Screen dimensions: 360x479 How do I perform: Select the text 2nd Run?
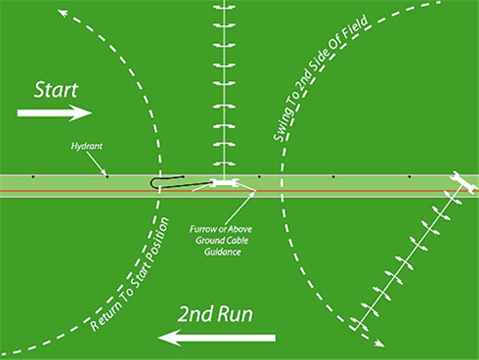[x=216, y=313]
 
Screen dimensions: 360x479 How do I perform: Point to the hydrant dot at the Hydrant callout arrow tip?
[x=108, y=176]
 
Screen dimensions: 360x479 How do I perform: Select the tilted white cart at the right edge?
[x=462, y=183]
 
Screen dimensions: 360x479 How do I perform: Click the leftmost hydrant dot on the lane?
[x=32, y=176]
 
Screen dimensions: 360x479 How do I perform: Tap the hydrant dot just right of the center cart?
[x=259, y=176]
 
